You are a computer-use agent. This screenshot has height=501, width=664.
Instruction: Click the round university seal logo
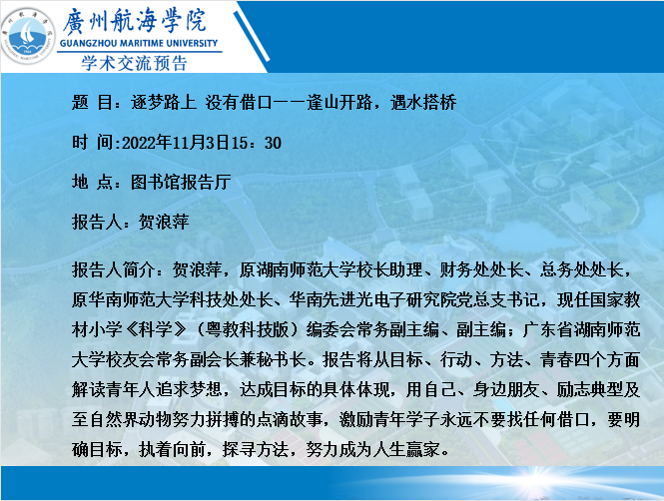click(x=28, y=36)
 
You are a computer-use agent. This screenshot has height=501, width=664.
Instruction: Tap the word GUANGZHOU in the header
click(x=89, y=43)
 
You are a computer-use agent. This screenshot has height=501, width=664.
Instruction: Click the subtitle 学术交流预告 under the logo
click(x=134, y=64)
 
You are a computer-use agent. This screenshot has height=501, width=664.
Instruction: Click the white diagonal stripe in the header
click(x=251, y=36)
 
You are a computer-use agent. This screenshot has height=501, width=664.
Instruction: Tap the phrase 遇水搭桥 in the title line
click(x=423, y=103)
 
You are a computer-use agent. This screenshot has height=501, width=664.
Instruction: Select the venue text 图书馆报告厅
click(x=181, y=183)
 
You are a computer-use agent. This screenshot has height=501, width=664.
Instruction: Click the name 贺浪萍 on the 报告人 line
click(x=164, y=223)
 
